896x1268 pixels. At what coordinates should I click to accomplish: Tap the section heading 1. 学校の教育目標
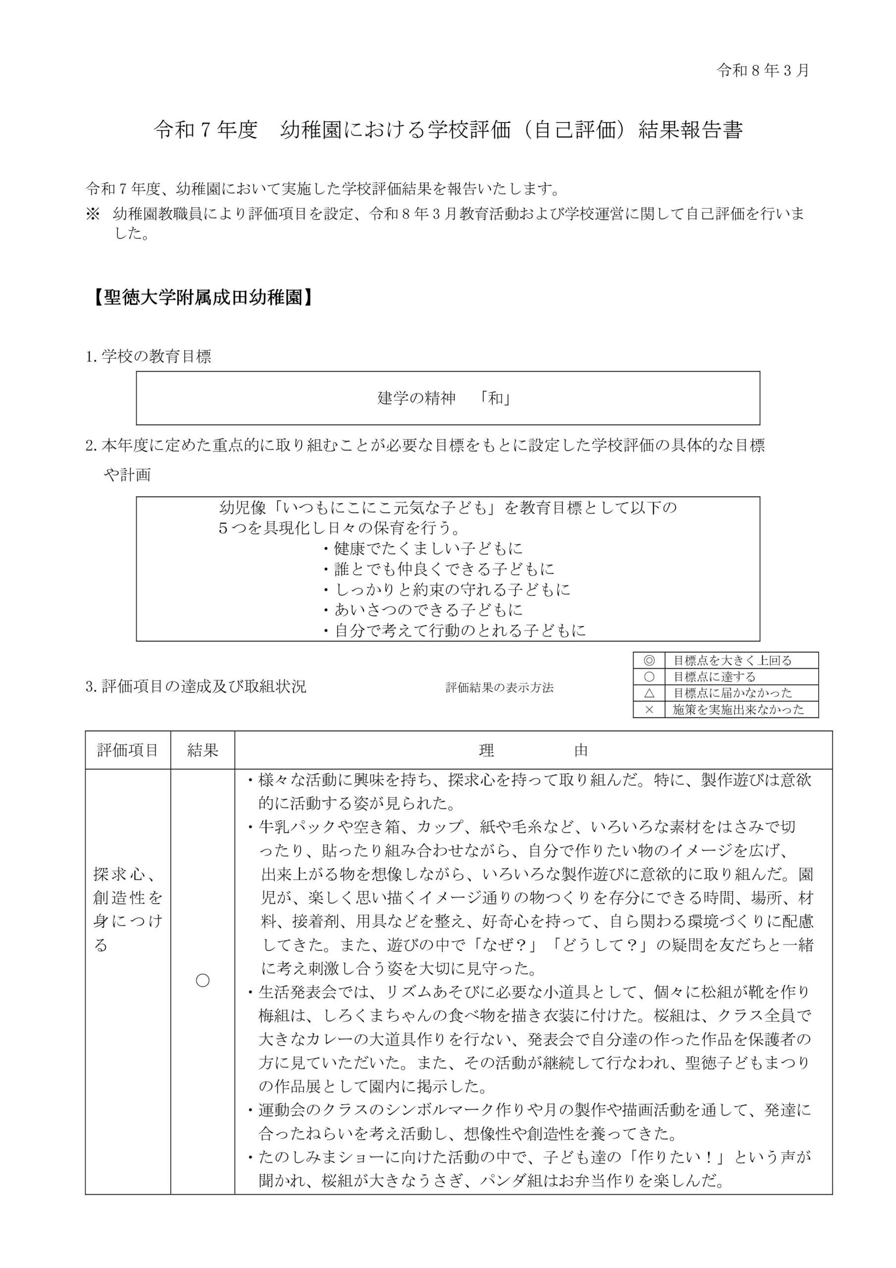(149, 357)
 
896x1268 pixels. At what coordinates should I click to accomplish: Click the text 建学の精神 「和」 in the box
(444, 398)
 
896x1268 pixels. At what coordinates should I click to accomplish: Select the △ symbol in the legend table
(649, 693)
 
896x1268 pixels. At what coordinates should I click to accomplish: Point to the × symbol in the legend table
(649, 710)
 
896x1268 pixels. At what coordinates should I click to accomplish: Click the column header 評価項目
(128, 750)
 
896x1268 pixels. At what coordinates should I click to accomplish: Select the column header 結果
(203, 750)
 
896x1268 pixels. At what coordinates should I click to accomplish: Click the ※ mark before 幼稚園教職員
(93, 213)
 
